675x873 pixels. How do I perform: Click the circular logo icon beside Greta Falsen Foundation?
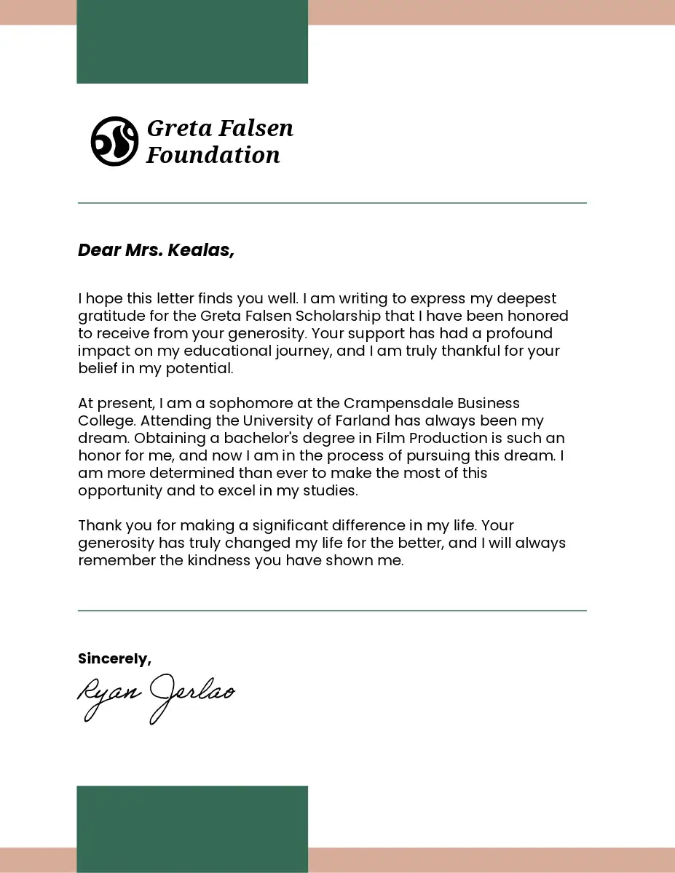click(114, 141)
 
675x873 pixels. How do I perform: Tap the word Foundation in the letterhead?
click(213, 155)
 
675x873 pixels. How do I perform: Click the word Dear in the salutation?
click(99, 250)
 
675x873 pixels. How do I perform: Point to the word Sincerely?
click(114, 659)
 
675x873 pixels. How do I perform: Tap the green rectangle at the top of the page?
click(192, 41)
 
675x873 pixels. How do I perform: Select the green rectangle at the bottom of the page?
click(192, 829)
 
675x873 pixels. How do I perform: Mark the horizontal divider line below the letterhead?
click(332, 203)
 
